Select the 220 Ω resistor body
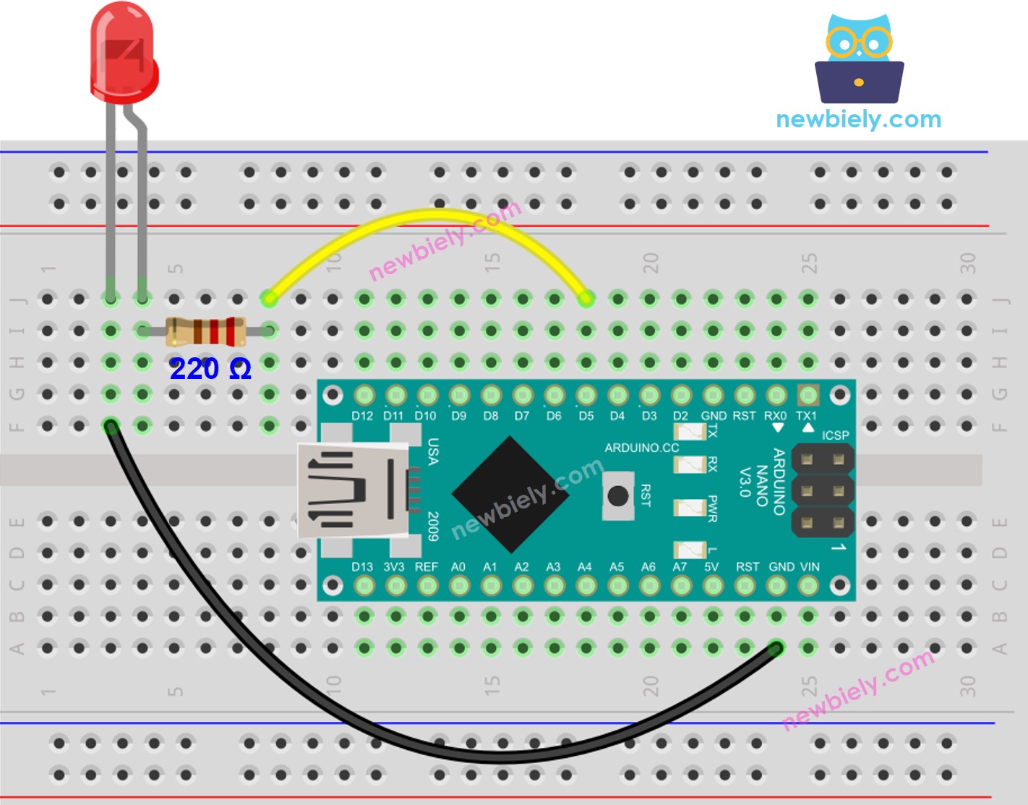pos(205,332)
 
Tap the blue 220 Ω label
pos(210,369)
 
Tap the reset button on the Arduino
pos(617,496)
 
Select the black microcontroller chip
pos(510,494)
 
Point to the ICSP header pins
pos(823,490)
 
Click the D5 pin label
pos(586,416)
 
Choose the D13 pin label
pos(362,567)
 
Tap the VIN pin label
pos(809,567)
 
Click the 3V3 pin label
pos(394,567)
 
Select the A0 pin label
pos(458,567)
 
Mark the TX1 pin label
pos(806,416)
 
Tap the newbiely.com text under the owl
pos(859,119)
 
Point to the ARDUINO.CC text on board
pos(641,448)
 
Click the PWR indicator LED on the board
pos(689,508)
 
